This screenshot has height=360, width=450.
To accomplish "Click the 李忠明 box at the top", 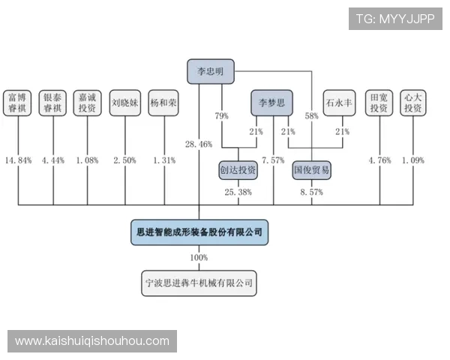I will click(x=211, y=71).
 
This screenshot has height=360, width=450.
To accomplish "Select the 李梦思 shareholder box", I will click(x=271, y=102).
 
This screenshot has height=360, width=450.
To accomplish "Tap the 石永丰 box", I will click(x=338, y=102).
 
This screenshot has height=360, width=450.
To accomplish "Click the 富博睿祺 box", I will click(x=18, y=102).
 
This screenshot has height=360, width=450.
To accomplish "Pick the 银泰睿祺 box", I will click(x=53, y=102).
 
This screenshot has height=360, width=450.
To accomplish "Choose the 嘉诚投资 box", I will click(x=88, y=102).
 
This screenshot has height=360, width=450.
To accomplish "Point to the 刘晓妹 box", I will click(x=124, y=102).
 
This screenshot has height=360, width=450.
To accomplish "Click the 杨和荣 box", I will click(x=163, y=102).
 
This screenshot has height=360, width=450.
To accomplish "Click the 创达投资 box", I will click(x=238, y=170).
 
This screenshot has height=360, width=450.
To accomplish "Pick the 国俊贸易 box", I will click(x=311, y=170).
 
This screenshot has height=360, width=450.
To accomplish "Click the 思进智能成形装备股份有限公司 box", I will click(x=199, y=232).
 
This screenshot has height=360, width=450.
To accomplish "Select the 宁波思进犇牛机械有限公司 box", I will click(x=199, y=284).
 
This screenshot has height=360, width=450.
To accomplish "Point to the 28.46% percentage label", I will click(x=198, y=143).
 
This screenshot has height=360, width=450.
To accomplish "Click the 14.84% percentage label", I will click(x=18, y=160).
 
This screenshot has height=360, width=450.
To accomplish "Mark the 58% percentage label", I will click(x=311, y=115).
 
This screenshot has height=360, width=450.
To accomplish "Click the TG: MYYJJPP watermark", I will click(x=395, y=18).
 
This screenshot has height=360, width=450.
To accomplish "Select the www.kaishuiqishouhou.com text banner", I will click(x=92, y=340).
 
